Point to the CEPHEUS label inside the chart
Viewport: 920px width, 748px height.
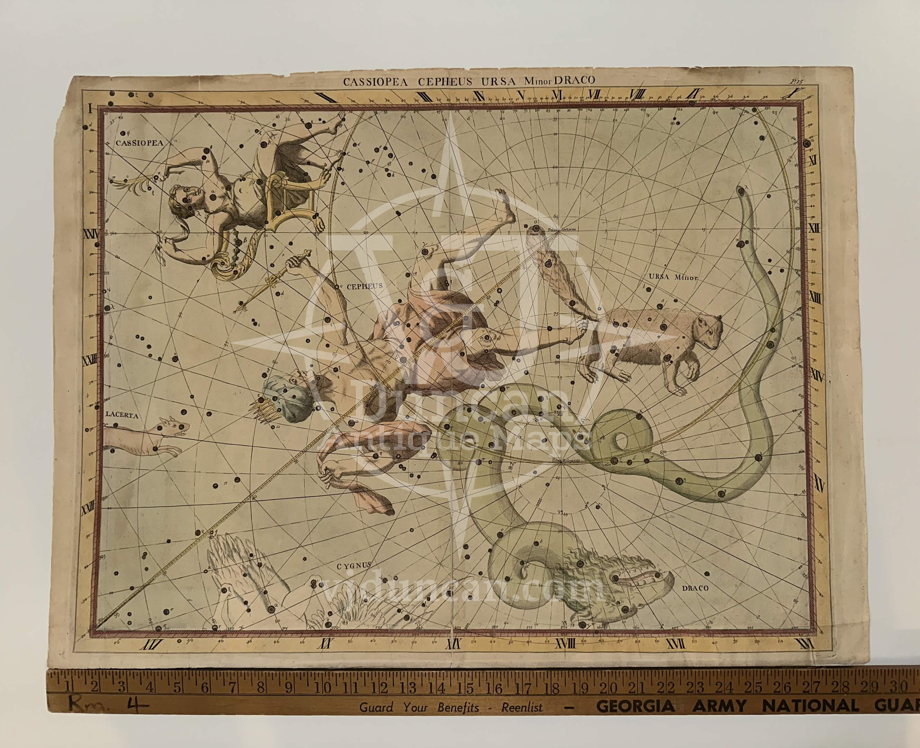358,285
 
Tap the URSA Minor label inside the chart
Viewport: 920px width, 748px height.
675,277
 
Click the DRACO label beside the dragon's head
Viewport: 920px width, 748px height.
695,587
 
